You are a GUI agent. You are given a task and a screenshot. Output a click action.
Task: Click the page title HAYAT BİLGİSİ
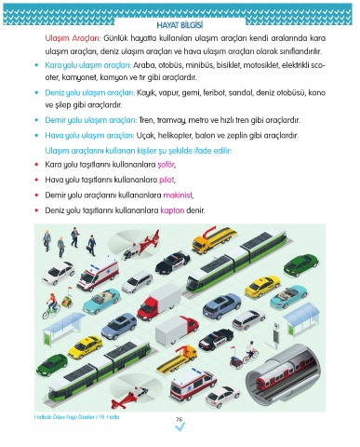click(x=180, y=25)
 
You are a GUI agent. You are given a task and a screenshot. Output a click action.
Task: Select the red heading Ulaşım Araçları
click(x=73, y=38)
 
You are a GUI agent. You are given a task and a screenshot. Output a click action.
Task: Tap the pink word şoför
click(x=167, y=165)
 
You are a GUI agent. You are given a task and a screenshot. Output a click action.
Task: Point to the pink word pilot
click(x=167, y=180)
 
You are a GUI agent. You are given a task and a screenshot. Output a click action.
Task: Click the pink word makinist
click(x=178, y=195)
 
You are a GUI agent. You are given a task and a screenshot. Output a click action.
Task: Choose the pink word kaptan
click(x=172, y=210)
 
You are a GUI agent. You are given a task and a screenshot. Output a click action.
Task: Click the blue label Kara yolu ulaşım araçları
click(x=88, y=65)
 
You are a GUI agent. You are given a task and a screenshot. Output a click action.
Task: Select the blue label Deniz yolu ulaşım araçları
click(x=90, y=93)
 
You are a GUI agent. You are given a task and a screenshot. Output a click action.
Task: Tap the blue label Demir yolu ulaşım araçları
click(x=91, y=120)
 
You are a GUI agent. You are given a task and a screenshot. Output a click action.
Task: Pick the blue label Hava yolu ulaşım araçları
click(x=89, y=136)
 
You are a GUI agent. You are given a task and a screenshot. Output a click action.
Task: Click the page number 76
click(x=180, y=419)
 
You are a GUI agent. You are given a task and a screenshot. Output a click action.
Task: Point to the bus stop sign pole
click(x=275, y=336)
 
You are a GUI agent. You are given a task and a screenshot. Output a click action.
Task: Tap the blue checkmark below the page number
click(x=180, y=428)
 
